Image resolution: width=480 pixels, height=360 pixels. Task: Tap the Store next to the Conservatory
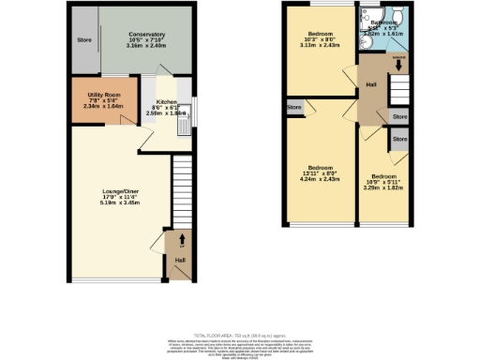84,40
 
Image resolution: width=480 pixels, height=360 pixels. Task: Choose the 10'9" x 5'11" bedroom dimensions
383,182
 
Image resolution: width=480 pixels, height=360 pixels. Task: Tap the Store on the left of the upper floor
294,109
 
